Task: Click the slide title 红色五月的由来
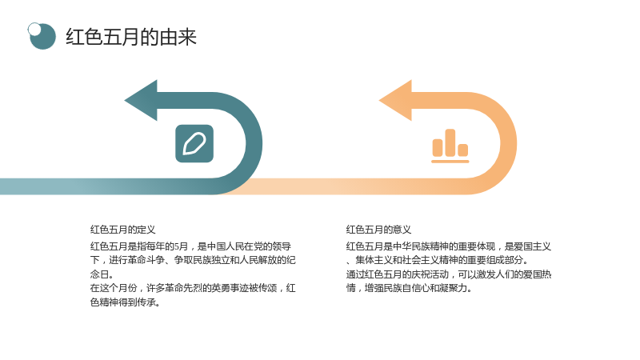(x=131, y=37)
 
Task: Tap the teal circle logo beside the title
(x=42, y=36)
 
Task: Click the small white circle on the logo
(x=34, y=29)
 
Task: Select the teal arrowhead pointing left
(x=141, y=101)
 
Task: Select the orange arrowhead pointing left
(x=395, y=101)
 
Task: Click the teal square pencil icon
(x=194, y=144)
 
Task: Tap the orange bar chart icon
(x=450, y=146)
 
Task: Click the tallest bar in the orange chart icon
(x=450, y=142)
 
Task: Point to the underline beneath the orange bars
(x=450, y=162)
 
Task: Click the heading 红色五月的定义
(x=123, y=230)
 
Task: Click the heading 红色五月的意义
(x=378, y=230)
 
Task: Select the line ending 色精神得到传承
(x=125, y=302)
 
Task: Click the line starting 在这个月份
(x=193, y=288)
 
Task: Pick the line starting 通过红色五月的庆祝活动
(x=449, y=274)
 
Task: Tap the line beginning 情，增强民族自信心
(x=409, y=288)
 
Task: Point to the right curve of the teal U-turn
(x=254, y=144)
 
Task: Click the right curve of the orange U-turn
(x=509, y=144)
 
